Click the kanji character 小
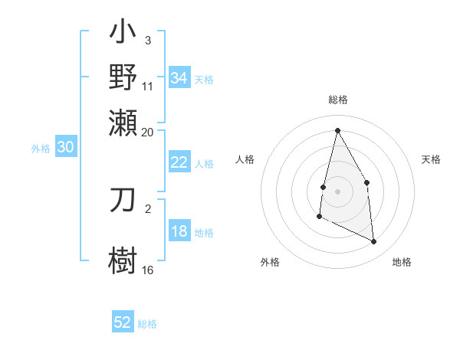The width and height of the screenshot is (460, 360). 123,35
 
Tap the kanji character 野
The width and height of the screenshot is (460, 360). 123,77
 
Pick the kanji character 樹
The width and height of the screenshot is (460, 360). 123,259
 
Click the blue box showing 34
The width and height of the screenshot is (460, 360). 179,78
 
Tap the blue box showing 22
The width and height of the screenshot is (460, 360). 179,162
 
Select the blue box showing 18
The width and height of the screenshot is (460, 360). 179,232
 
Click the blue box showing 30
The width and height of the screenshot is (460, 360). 65,149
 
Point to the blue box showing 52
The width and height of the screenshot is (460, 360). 123,322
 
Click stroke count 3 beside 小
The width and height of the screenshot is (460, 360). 147,40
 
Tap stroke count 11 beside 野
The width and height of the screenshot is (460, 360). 148,87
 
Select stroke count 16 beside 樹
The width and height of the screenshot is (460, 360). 148,270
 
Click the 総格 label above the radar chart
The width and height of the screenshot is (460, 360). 337,100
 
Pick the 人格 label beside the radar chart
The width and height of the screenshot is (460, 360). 245,159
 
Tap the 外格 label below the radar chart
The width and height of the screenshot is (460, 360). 270,262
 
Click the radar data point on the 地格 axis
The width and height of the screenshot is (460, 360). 374,241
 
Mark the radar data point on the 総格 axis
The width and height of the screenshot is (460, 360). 337,130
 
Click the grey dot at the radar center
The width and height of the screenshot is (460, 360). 337,191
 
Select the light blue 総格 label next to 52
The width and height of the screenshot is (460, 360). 147,324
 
